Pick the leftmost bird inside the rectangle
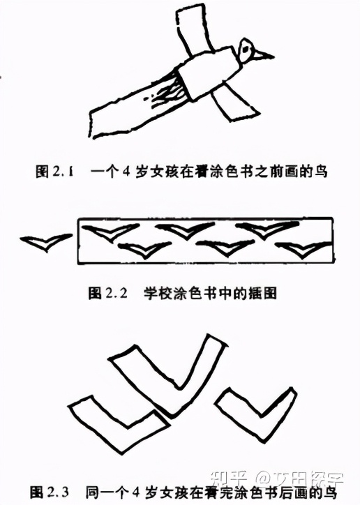(x=107, y=232)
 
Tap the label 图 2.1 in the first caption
(x=55, y=169)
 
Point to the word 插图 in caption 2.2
(x=264, y=294)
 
